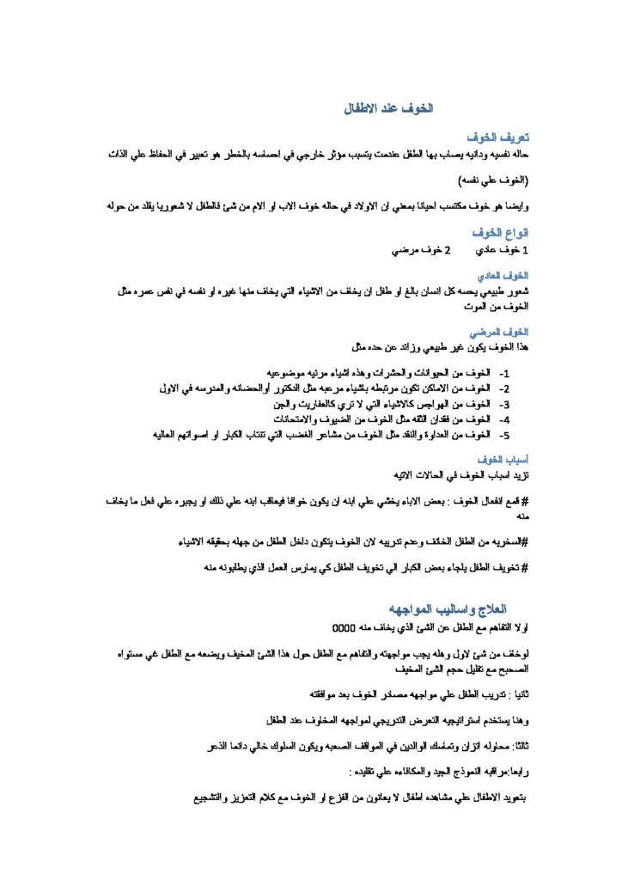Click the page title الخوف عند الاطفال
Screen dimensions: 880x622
(390, 109)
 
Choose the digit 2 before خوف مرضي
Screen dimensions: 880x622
(447, 251)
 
